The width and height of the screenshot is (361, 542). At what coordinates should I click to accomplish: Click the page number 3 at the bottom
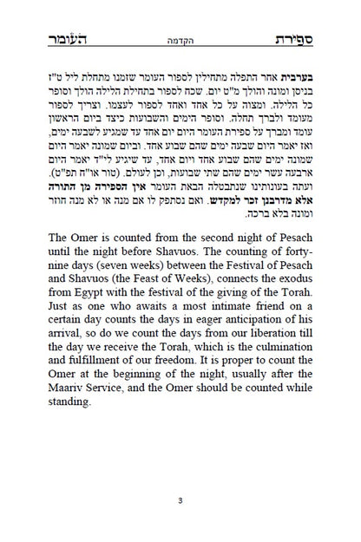coord(180,500)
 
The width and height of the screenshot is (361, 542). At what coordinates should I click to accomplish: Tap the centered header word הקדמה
coord(180,39)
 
